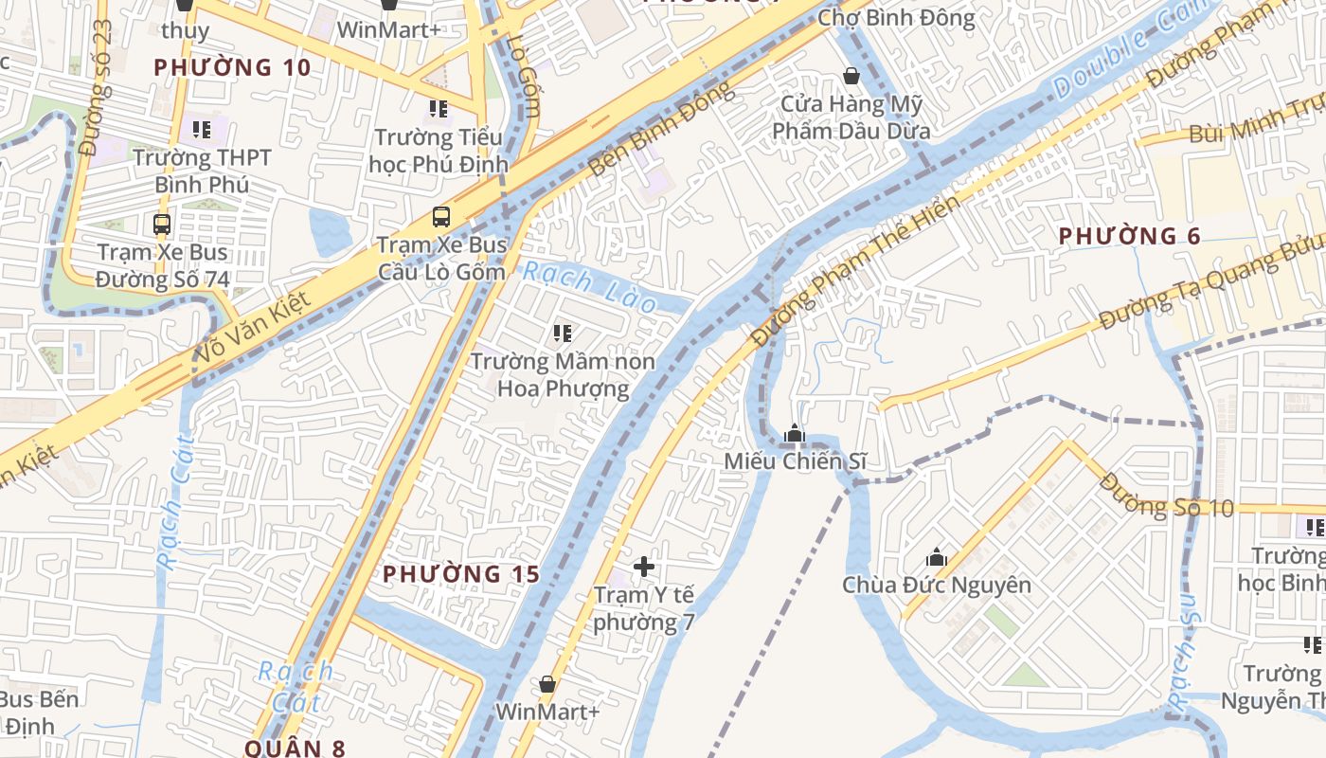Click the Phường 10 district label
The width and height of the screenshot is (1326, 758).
click(x=232, y=67)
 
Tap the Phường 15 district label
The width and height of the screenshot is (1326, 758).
click(x=461, y=574)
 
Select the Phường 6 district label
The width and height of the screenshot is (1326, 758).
click(x=1129, y=236)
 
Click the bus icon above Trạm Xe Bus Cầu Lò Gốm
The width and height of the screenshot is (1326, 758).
click(x=441, y=216)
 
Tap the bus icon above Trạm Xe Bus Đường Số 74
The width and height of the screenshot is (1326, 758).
click(x=162, y=225)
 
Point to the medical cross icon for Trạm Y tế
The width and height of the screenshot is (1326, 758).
click(x=644, y=567)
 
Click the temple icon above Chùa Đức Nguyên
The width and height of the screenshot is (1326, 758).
click(x=937, y=557)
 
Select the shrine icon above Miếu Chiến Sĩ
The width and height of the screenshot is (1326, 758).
click(x=794, y=434)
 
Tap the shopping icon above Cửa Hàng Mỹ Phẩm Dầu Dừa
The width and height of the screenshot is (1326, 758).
click(x=851, y=76)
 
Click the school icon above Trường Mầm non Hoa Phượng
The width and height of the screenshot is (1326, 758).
click(x=563, y=334)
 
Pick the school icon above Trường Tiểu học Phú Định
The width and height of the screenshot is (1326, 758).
click(x=438, y=109)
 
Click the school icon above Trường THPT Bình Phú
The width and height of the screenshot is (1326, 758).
click(x=201, y=129)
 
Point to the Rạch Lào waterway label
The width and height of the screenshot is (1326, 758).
click(x=590, y=287)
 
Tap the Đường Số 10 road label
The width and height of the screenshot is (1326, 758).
click(x=1167, y=496)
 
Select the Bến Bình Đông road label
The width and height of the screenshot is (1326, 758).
click(x=660, y=128)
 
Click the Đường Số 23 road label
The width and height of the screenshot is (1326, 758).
click(x=97, y=87)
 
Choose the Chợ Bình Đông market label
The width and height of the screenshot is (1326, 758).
click(x=895, y=18)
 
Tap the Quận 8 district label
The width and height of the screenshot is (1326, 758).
click(x=296, y=748)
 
